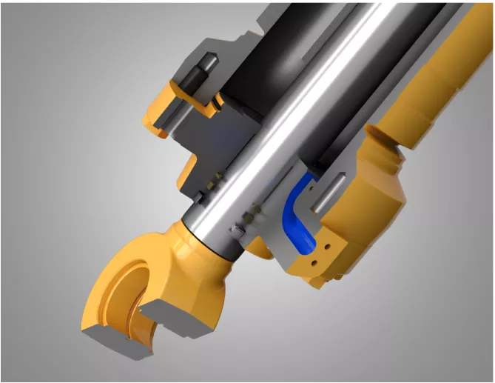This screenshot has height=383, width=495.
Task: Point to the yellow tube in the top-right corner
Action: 459,59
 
